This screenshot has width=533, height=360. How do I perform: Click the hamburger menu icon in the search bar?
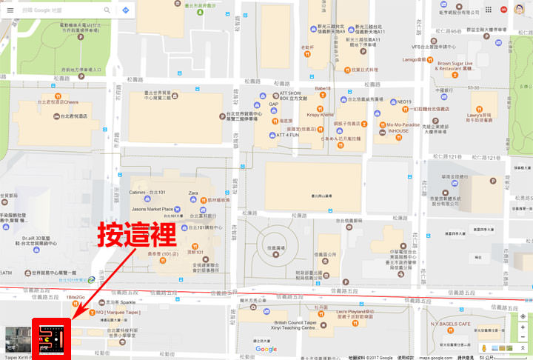coord(10,10)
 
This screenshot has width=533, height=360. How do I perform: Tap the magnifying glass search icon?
coord(107,10)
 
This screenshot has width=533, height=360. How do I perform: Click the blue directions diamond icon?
coord(126,10)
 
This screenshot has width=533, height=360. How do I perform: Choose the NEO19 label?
coord(404,101)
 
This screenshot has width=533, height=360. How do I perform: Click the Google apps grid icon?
coord(489,10)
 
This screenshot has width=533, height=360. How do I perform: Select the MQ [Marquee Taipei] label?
coord(118,312)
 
